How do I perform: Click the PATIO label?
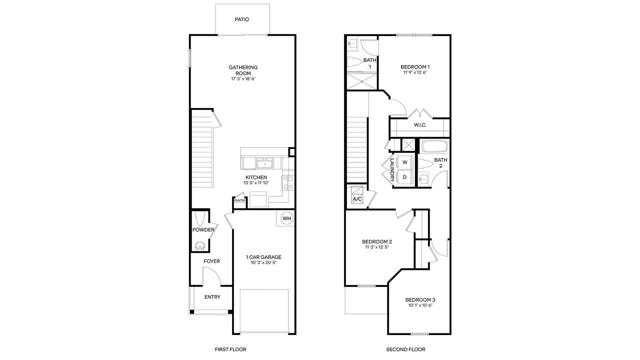(x=242, y=19)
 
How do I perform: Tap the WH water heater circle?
(x=286, y=218)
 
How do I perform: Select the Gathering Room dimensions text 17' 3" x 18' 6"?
(x=243, y=79)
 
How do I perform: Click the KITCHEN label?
(x=255, y=177)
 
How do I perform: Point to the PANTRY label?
(x=239, y=200)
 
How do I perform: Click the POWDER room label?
(x=203, y=230)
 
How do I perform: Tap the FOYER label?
(x=211, y=261)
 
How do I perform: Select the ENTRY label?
(x=212, y=297)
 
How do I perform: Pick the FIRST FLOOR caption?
(x=230, y=349)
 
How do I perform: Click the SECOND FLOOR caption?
(x=405, y=349)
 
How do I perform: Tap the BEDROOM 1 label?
(x=415, y=67)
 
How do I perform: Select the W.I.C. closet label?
(x=420, y=125)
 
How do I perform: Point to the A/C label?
(x=357, y=199)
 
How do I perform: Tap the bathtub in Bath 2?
(x=434, y=146)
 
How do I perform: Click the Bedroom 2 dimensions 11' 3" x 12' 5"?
(x=377, y=247)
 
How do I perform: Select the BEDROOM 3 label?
(x=420, y=300)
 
